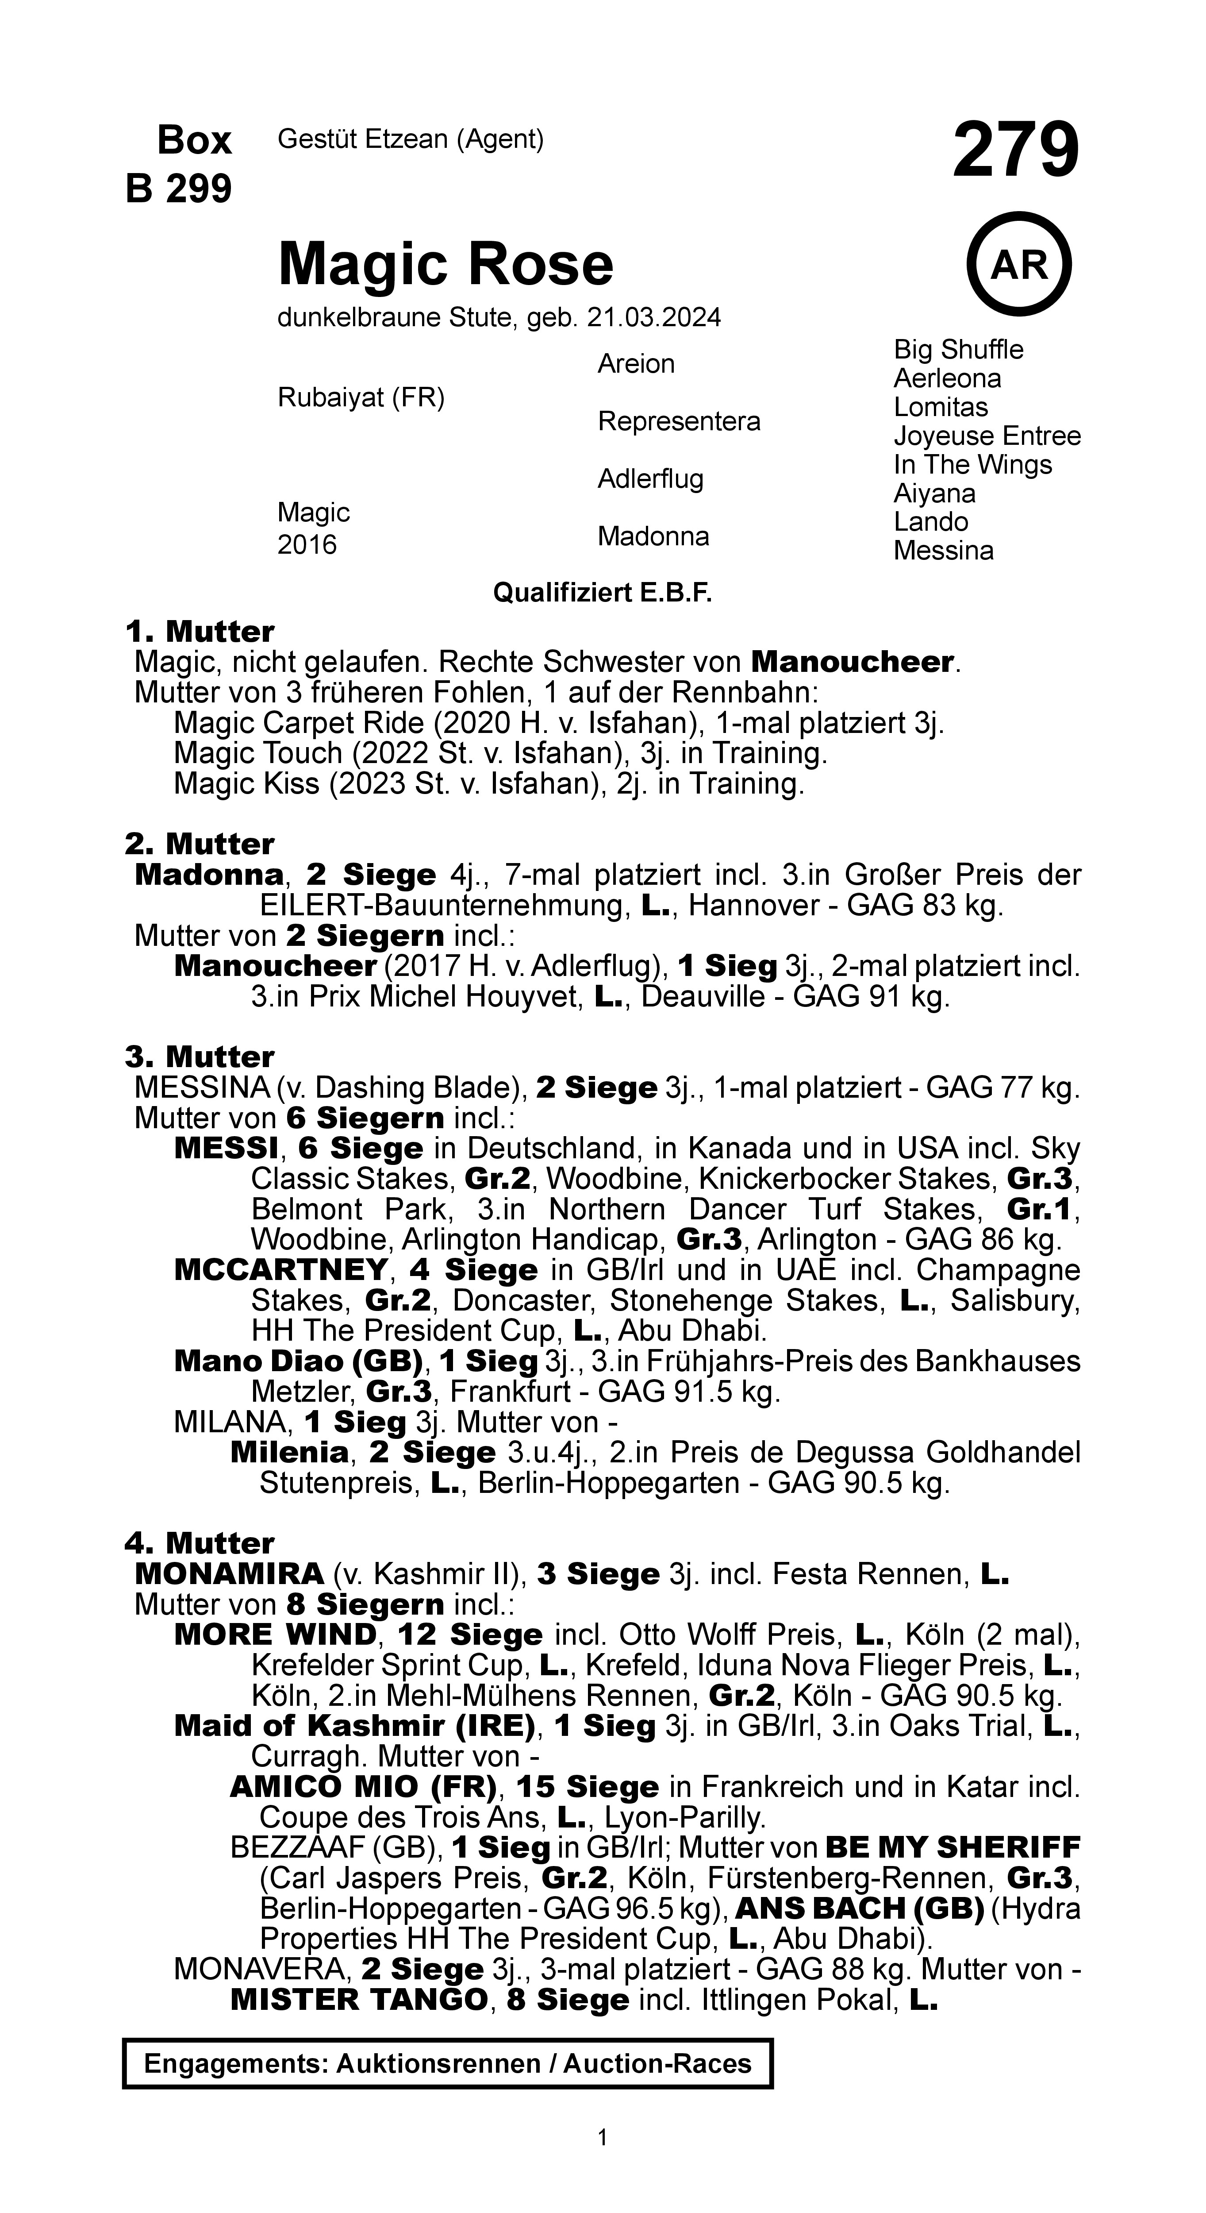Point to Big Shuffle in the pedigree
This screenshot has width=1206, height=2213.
[x=958, y=350]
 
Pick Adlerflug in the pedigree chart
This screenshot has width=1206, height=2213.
[x=650, y=478]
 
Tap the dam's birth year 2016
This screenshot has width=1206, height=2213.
[x=307, y=545]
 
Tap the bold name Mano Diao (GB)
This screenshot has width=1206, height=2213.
[x=298, y=1361]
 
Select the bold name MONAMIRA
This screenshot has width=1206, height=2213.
[x=229, y=1574]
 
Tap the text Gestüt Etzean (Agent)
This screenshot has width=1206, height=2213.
[x=411, y=139]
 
